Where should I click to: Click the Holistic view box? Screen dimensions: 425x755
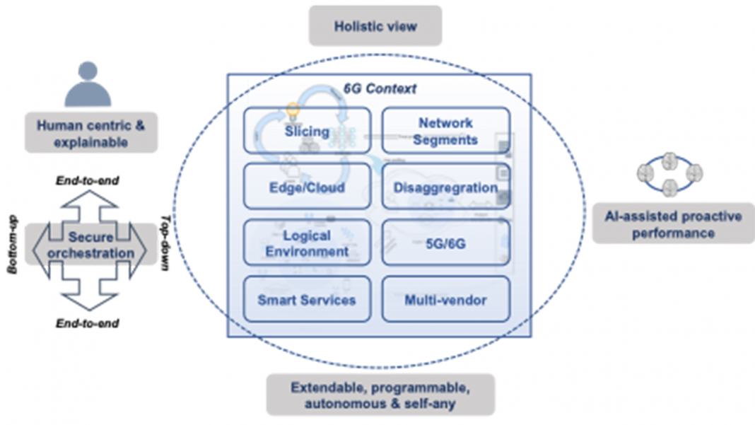375,27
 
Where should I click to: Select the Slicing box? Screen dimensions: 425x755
307,131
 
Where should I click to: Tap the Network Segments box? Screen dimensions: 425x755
445,131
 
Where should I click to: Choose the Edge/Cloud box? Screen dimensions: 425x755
307,187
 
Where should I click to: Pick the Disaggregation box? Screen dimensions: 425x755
445,187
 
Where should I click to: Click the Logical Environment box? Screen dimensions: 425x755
307,243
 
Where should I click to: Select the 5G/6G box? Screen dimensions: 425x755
445,243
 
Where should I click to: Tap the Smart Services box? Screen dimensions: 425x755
307,300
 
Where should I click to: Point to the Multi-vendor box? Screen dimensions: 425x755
445,300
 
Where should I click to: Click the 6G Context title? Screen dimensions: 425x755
380,89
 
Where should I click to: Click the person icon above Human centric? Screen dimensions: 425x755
88,86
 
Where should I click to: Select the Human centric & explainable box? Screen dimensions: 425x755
91,133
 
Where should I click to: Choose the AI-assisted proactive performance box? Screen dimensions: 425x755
672,223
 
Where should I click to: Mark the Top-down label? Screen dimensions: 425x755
167,243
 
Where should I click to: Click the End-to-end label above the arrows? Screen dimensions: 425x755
88,181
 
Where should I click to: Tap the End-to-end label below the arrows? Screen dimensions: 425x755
88,323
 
